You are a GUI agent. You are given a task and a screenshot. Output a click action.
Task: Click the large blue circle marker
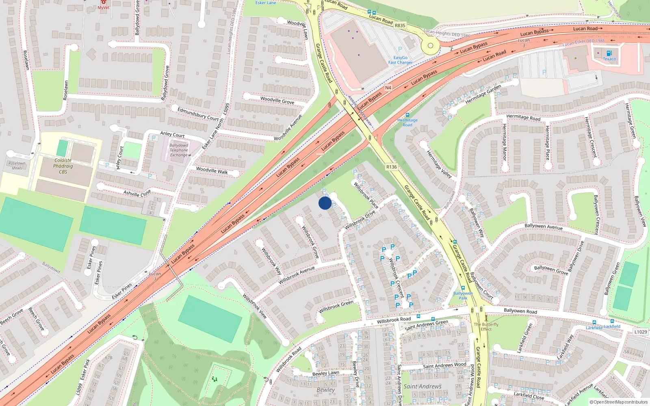click(325, 203)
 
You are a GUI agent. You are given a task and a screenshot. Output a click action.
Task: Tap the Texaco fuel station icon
click(609, 53)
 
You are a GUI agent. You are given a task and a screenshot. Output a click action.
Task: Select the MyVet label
click(103, 7)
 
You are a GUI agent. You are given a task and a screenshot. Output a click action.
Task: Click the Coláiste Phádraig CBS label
click(63, 166)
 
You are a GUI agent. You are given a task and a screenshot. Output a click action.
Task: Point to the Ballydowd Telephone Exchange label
click(179, 150)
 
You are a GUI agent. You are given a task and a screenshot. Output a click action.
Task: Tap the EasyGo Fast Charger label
click(400, 60)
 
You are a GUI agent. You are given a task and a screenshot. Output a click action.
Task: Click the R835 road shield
click(400, 26)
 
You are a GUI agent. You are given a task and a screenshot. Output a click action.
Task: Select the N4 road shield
click(388, 88)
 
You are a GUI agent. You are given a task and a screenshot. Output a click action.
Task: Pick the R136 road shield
click(391, 167)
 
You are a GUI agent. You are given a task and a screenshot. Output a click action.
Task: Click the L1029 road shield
click(640, 332)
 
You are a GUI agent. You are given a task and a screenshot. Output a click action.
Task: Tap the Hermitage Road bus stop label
click(407, 122)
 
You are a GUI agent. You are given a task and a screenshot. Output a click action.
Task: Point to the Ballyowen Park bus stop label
click(463, 296)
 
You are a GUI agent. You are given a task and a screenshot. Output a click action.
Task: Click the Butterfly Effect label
click(486, 327)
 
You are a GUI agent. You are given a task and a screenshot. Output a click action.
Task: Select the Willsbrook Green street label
click(336, 307)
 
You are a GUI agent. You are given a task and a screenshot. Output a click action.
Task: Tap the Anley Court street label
click(172, 134)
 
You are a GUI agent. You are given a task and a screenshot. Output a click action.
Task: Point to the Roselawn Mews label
click(17, 166)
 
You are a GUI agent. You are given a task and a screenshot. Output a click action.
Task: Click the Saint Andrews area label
click(422, 387)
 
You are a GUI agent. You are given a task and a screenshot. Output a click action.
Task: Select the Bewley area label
click(326, 390)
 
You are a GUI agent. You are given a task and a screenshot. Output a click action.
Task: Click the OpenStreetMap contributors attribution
click(618, 402)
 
